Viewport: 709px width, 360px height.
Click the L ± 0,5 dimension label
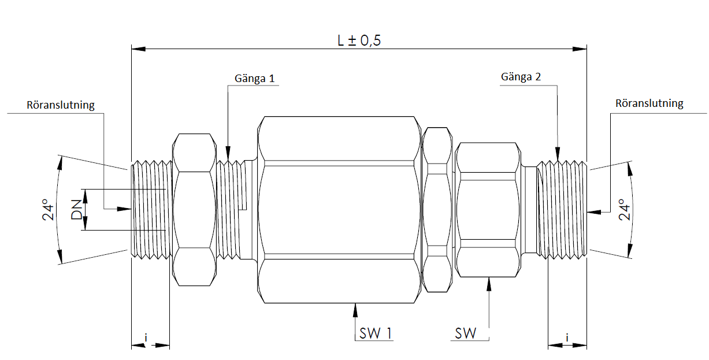359,40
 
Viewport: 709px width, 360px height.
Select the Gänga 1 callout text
254,78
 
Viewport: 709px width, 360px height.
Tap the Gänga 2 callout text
521,76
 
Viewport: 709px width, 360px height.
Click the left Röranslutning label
61,105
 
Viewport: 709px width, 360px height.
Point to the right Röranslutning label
649,104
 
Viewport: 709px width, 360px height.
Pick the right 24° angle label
624,210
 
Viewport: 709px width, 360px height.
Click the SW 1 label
376,333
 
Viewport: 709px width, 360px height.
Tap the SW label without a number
466,333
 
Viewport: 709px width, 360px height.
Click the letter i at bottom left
146,337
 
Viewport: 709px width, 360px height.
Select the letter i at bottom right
567,337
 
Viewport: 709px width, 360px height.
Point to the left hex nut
195,210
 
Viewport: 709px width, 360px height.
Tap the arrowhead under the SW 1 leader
355,309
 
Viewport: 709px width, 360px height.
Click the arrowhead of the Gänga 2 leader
558,154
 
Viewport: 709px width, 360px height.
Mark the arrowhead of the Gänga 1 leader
228,154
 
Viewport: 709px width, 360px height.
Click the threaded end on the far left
151,210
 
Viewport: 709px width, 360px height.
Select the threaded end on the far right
563,210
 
